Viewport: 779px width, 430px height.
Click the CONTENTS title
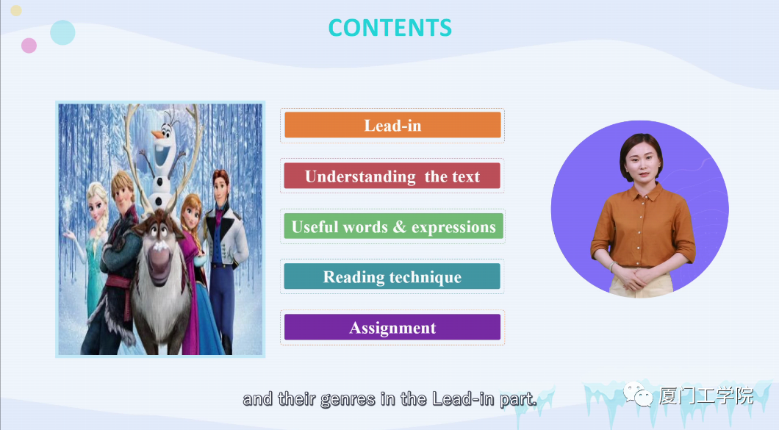(x=390, y=28)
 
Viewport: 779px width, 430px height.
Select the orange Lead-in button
(x=392, y=125)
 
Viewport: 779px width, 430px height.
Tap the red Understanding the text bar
(x=392, y=176)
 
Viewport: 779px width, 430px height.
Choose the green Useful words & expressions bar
(x=393, y=226)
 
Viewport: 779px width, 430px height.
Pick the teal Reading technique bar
(x=392, y=276)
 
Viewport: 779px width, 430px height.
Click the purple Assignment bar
(x=392, y=327)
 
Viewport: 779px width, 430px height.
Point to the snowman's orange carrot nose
(x=157, y=135)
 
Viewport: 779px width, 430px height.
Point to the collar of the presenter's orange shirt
(x=643, y=191)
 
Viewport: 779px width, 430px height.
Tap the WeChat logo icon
(x=639, y=394)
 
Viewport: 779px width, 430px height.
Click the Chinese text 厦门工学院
(x=706, y=396)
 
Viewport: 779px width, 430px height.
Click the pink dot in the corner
(x=29, y=46)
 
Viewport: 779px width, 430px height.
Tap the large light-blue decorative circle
(x=62, y=33)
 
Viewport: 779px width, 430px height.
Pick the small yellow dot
(x=16, y=10)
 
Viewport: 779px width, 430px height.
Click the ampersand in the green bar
(x=400, y=226)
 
